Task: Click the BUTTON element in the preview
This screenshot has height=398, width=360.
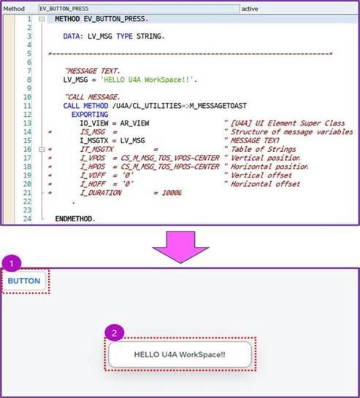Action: point(24,280)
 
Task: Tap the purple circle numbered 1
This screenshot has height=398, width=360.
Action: point(12,264)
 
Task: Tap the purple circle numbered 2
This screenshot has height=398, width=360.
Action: point(114,332)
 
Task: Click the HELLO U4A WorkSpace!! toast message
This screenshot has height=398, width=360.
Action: point(180,354)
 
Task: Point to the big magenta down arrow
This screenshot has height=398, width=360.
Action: point(180,247)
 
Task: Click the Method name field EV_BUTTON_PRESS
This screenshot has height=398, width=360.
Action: point(139,9)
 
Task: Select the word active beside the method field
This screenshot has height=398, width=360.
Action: point(250,9)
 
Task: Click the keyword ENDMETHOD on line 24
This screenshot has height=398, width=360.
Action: point(75,218)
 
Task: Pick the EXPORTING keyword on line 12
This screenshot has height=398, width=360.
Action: point(90,115)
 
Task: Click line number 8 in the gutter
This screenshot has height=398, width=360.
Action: point(29,80)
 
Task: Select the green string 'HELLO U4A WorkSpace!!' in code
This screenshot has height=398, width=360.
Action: point(149,80)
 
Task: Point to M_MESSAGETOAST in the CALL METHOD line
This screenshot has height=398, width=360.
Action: point(218,106)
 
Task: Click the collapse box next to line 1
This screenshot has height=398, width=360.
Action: point(42,19)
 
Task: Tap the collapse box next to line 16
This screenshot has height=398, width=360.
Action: point(42,149)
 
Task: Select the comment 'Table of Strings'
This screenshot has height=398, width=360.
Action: point(264,149)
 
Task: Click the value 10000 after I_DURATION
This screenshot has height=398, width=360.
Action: point(172,193)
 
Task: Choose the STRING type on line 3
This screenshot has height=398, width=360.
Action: point(150,37)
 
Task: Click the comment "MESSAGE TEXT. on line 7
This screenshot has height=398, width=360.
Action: point(93,71)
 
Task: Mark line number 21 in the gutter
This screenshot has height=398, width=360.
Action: point(28,192)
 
